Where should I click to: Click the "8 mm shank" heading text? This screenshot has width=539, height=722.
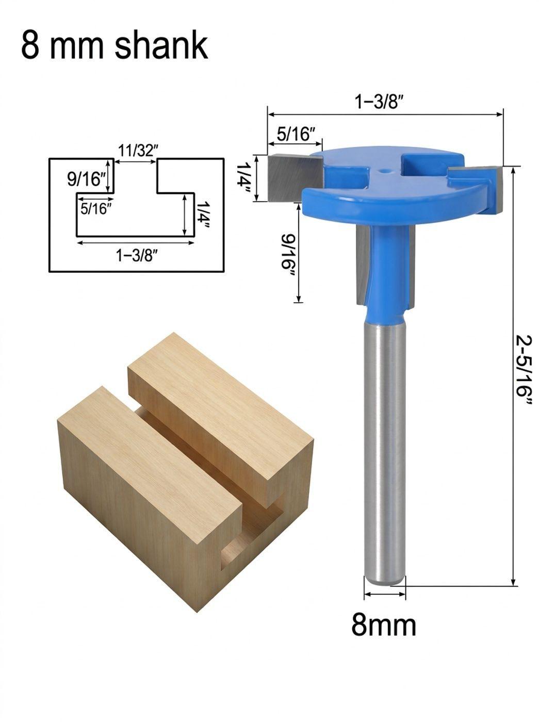click(115, 45)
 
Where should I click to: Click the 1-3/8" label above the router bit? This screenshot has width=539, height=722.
click(378, 103)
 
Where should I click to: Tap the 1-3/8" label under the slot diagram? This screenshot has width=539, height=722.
click(135, 255)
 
